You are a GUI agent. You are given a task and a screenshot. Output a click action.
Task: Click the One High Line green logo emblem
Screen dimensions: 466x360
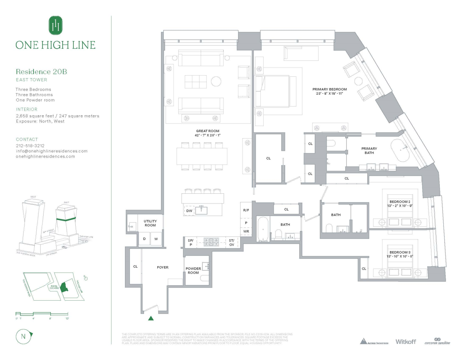pyautogui.click(x=55, y=26)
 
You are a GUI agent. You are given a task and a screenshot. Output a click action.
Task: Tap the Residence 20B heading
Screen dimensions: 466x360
pyautogui.click(x=41, y=72)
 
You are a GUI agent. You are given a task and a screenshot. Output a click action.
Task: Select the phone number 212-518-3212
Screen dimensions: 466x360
pyautogui.click(x=30, y=146)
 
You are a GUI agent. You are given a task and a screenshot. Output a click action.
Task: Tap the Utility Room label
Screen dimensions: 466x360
pyautogui.click(x=150, y=223)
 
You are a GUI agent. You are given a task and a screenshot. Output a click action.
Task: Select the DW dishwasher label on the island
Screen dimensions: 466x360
pyautogui.click(x=189, y=211)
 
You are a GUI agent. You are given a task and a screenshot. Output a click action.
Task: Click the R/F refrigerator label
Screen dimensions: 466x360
pyautogui.click(x=246, y=210)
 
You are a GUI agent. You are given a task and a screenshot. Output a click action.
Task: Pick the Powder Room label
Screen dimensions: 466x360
pyautogui.click(x=193, y=270)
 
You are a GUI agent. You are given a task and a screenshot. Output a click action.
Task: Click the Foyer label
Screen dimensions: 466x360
pyautogui.click(x=163, y=267)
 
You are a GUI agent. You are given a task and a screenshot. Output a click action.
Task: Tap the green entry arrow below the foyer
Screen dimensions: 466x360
pyautogui.click(x=151, y=318)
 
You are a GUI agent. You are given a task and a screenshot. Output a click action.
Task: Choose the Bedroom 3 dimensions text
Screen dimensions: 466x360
pyautogui.click(x=400, y=257)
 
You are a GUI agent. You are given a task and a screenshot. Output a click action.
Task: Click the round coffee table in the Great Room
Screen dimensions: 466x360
pyautogui.click(x=216, y=81)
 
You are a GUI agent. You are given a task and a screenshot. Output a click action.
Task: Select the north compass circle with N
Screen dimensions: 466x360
pyautogui.click(x=23, y=337)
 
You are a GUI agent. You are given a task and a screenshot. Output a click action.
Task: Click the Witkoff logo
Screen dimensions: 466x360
pyautogui.click(x=405, y=342)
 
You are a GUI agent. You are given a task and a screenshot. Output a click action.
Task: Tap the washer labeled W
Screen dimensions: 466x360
pyautogui.click(x=156, y=239)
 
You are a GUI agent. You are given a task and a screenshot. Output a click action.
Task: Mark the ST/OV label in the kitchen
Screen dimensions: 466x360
pyautogui.click(x=232, y=242)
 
